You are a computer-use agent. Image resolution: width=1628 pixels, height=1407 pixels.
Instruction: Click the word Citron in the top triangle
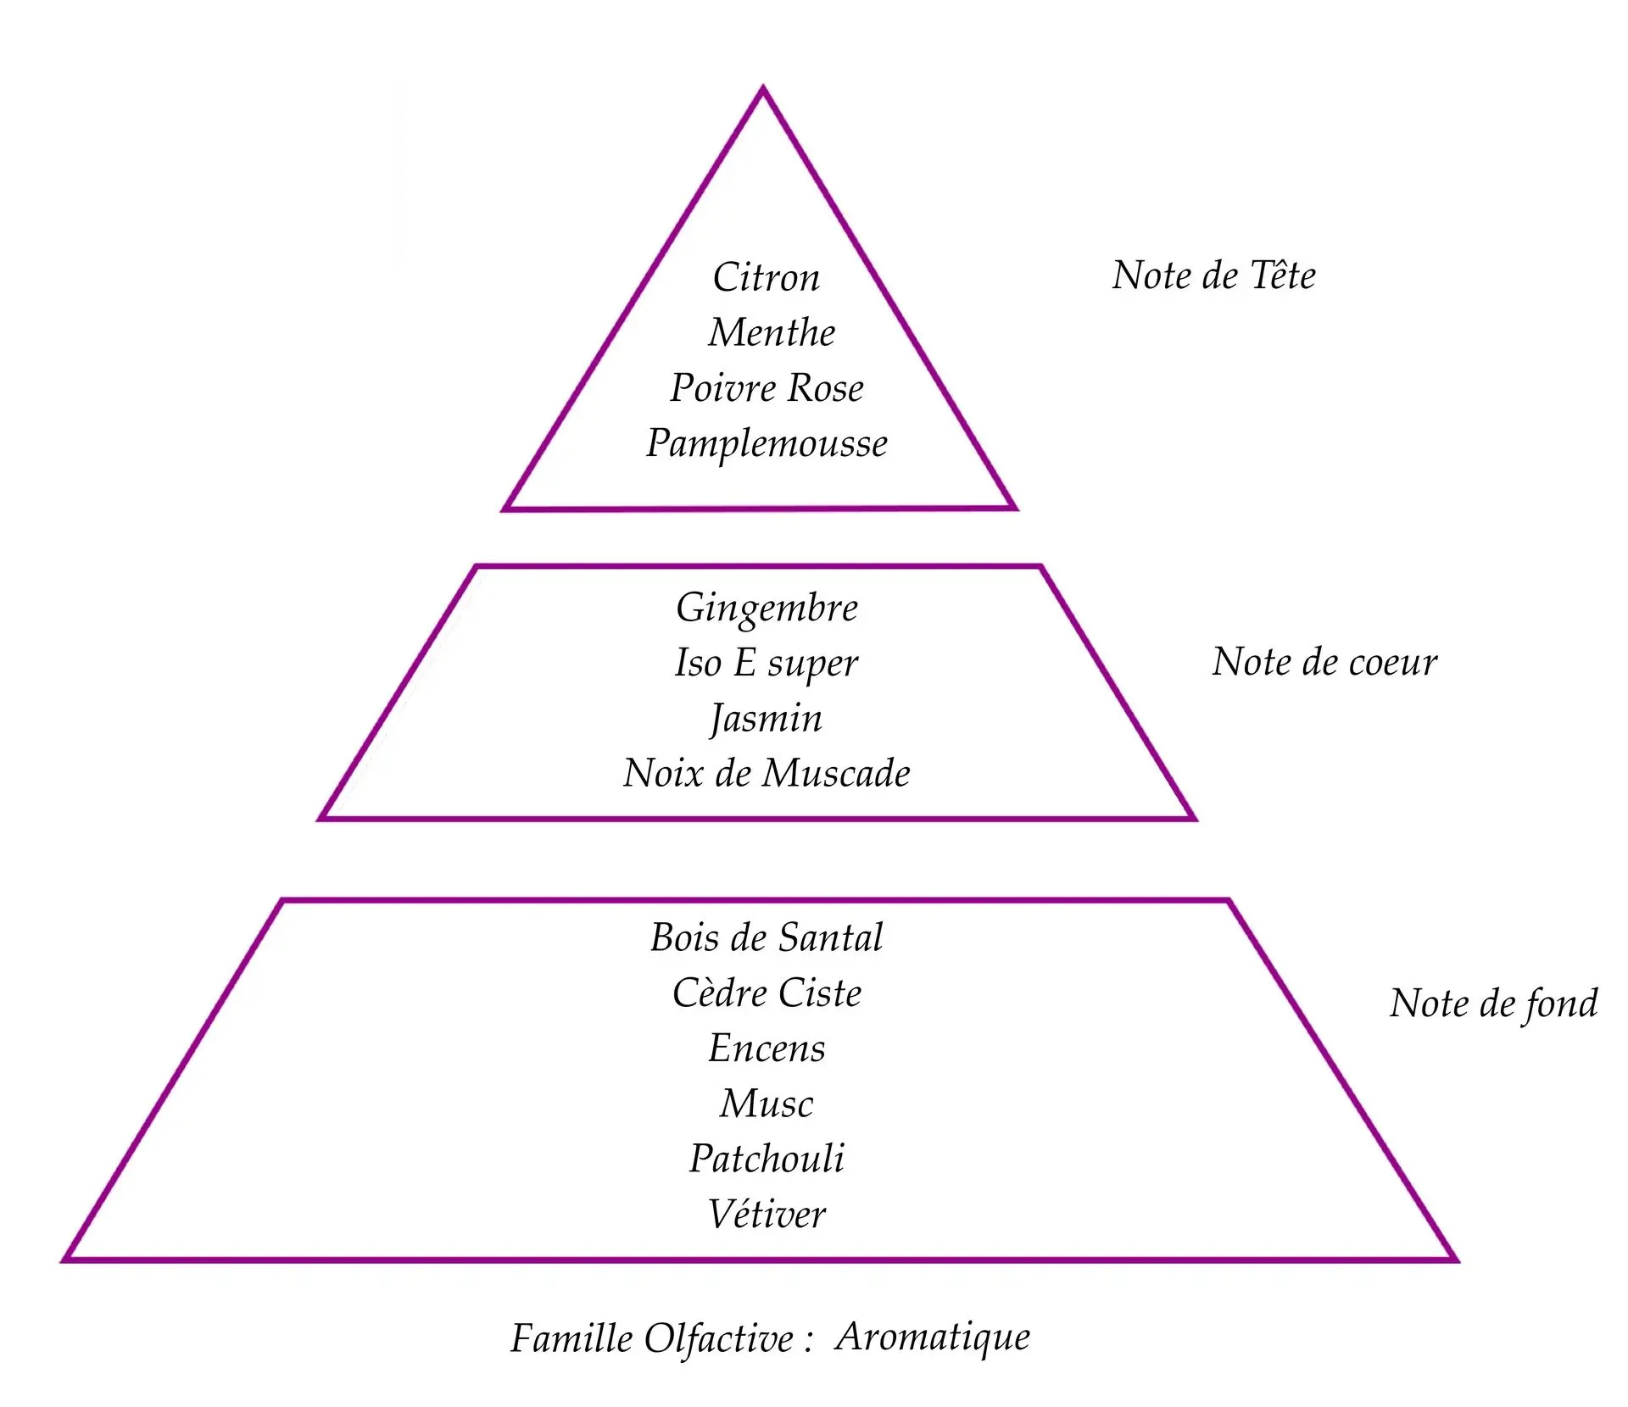pyautogui.click(x=767, y=277)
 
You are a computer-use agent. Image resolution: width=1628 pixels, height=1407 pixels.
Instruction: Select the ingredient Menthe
pyautogui.click(x=772, y=332)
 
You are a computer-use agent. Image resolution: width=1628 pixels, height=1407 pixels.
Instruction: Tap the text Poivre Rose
pyautogui.click(x=767, y=388)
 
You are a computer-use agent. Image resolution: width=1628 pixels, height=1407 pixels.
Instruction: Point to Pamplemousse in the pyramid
pyautogui.click(x=767, y=443)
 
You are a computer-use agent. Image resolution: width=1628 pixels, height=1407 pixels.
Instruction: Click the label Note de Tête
pyautogui.click(x=1213, y=275)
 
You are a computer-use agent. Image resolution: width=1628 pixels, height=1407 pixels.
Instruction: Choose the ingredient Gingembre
pyautogui.click(x=767, y=608)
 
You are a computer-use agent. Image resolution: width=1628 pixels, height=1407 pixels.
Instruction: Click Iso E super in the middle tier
pyautogui.click(x=767, y=663)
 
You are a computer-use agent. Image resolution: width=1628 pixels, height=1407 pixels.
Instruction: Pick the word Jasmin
pyautogui.click(x=767, y=719)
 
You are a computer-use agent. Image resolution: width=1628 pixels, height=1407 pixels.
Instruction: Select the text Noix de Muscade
pyautogui.click(x=767, y=773)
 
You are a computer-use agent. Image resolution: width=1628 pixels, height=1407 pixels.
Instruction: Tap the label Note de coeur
pyautogui.click(x=1324, y=662)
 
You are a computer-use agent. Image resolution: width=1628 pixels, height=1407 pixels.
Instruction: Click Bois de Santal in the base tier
pyautogui.click(x=767, y=937)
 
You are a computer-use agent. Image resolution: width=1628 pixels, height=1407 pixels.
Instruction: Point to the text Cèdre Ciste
pyautogui.click(x=767, y=993)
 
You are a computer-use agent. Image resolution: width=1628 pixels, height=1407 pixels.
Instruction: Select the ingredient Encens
pyautogui.click(x=767, y=1048)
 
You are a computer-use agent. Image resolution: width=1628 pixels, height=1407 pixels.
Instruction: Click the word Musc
pyautogui.click(x=767, y=1104)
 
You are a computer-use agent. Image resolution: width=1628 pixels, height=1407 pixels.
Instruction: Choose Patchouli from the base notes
pyautogui.click(x=767, y=1159)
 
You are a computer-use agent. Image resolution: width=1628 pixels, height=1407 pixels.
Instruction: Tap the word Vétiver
pyautogui.click(x=767, y=1215)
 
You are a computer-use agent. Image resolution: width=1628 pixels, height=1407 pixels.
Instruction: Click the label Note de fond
pyautogui.click(x=1493, y=1004)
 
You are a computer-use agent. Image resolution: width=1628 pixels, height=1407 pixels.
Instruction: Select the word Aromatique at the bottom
pyautogui.click(x=933, y=1337)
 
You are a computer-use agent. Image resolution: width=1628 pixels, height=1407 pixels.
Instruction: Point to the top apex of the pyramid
pyautogui.click(x=762, y=88)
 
